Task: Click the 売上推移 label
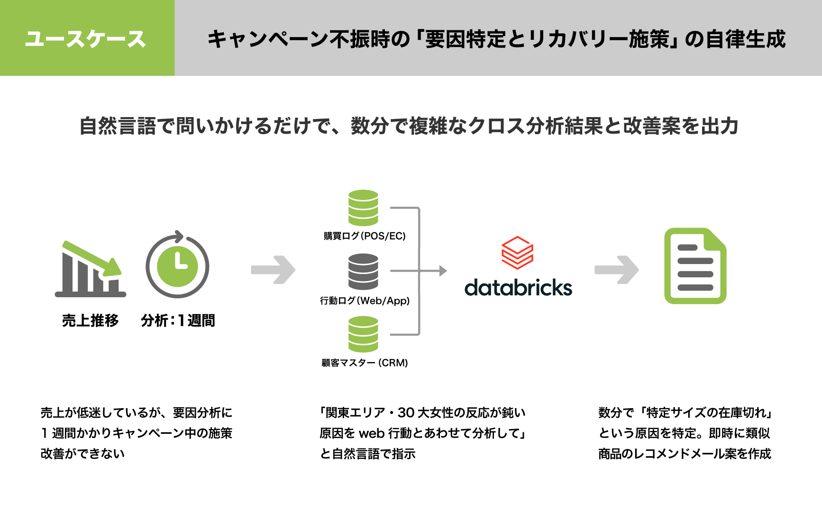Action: pos(90,320)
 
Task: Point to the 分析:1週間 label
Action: pos(178,320)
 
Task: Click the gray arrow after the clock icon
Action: pos(274,270)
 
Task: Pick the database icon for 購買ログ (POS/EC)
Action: pos(363,208)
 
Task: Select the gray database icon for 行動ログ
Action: pos(363,271)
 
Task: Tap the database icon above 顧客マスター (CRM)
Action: pos(363,334)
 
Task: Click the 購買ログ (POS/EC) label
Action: pos(365,236)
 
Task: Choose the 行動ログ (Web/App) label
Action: pos(365,301)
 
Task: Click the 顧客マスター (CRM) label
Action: pos(365,363)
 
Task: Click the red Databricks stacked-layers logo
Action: pos(518,252)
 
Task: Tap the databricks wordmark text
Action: pos(518,288)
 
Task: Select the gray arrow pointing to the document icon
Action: pos(617,270)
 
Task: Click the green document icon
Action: pos(695,266)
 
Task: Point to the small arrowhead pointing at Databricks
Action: pos(443,271)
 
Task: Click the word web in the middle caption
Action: pos(371,433)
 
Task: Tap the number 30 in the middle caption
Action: pos(406,413)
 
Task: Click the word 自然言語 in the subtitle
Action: pos(118,126)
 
